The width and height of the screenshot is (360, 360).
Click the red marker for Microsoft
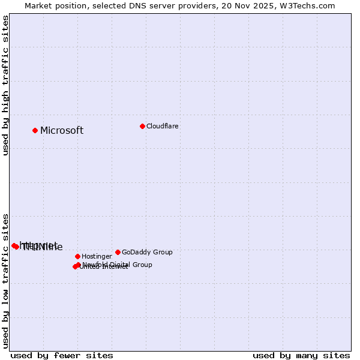(35, 130)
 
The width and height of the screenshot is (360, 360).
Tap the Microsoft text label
(62, 131)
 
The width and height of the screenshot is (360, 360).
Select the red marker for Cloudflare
(142, 126)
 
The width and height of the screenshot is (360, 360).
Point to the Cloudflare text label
(163, 127)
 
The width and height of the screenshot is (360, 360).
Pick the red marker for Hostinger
(77, 256)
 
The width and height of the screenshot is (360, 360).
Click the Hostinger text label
(97, 257)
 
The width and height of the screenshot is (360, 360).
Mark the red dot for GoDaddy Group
(118, 252)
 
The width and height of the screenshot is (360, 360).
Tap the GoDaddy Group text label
(147, 253)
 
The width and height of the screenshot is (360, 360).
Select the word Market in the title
(37, 5)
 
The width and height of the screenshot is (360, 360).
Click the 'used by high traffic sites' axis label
(5, 85)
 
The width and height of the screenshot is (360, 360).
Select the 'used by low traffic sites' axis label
(5, 280)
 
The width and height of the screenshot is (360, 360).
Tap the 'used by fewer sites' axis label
(62, 355)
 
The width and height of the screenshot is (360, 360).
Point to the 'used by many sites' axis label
(301, 355)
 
